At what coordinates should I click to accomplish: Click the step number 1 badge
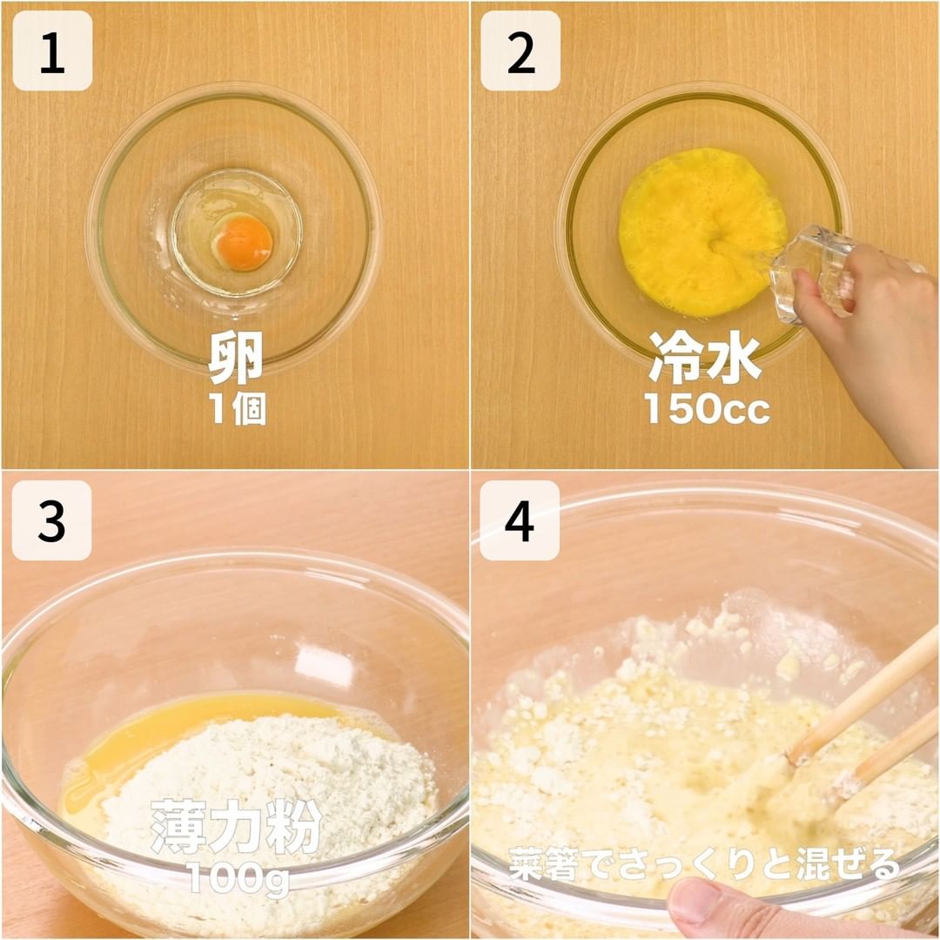click(x=52, y=51)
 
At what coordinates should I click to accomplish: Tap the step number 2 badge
click(x=520, y=51)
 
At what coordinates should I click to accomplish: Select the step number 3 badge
click(x=51, y=520)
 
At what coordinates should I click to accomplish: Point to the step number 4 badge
click(x=519, y=520)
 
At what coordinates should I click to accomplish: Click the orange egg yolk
click(x=244, y=243)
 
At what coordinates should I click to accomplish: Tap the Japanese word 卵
click(x=236, y=358)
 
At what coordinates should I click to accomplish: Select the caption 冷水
click(x=706, y=358)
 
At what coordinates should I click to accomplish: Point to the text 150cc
click(x=707, y=409)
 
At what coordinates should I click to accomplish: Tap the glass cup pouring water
click(x=809, y=272)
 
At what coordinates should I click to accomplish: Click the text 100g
click(x=238, y=878)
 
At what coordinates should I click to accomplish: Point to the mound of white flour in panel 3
click(x=264, y=797)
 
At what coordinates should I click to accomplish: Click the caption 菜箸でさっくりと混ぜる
click(x=704, y=863)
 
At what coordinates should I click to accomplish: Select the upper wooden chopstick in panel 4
click(x=863, y=695)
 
